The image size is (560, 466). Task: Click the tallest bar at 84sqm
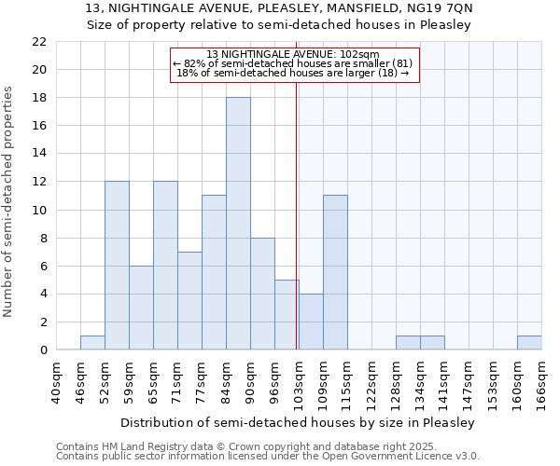(x=238, y=224)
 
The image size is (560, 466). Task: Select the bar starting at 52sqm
(x=117, y=266)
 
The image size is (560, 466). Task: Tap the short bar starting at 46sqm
(x=92, y=343)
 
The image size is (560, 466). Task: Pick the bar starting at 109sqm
(x=335, y=273)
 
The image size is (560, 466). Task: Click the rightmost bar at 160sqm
(x=529, y=343)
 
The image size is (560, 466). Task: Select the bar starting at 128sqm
(x=408, y=343)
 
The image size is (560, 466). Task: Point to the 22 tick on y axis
(x=39, y=42)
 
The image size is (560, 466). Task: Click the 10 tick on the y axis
(x=39, y=210)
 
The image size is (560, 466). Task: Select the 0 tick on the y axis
(x=43, y=350)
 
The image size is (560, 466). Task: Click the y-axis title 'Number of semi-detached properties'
(x=9, y=201)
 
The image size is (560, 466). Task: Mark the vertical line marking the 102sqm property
(x=297, y=214)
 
